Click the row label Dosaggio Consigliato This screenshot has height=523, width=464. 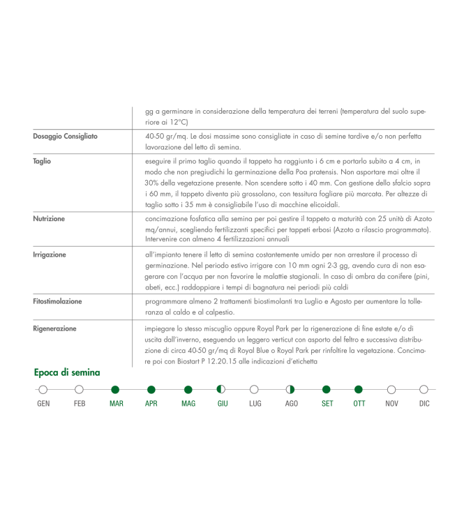coord(66,136)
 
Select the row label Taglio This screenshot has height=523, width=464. coord(42,161)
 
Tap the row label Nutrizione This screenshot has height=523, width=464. coord(49,218)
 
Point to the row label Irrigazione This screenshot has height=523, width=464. coord(50,255)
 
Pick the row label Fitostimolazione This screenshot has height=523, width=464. coord(57,301)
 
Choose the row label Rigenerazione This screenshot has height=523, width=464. coord(54,328)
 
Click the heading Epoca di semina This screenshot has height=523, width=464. coord(67,372)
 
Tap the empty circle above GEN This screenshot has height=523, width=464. coord(43,390)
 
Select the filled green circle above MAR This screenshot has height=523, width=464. coord(116,390)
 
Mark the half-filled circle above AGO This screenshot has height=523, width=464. coord(290,390)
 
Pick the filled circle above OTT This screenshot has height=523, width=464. coord(359,390)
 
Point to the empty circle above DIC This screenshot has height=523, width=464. coord(424,390)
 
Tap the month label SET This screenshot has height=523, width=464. coord(327,404)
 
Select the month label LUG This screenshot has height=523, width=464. coord(255,404)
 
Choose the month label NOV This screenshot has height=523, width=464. coord(391,404)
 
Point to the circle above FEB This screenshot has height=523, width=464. coord(79,390)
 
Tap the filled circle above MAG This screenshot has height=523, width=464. coord(188,390)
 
